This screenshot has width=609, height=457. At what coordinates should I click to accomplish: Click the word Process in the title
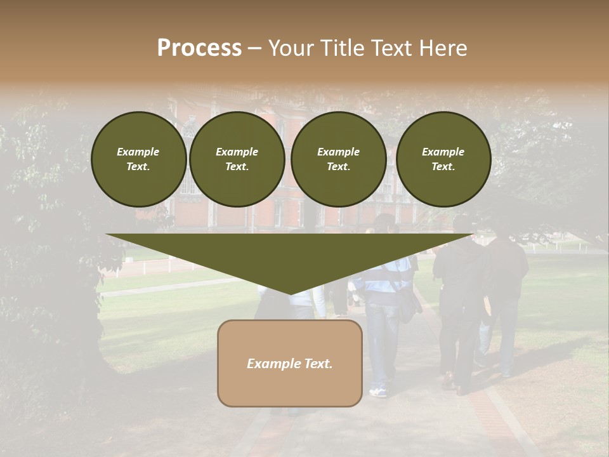[199, 48]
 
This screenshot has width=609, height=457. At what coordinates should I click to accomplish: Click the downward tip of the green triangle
[290, 293]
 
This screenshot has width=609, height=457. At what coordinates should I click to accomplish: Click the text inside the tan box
[290, 364]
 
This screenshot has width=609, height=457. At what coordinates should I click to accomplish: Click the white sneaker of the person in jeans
[378, 392]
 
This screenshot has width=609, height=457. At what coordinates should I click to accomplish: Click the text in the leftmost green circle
[138, 159]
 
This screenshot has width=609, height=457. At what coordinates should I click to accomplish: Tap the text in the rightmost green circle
[443, 159]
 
